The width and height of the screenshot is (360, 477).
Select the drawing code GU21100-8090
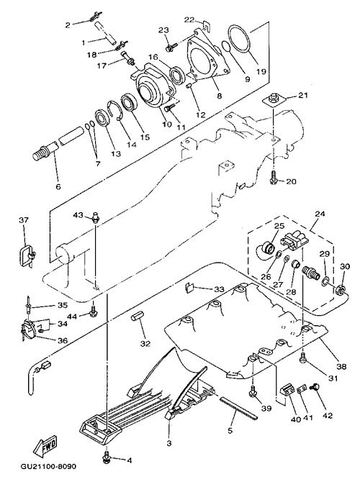pos(48,466)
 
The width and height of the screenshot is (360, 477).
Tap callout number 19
pos(261,71)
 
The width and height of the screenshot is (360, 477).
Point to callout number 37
pos(23,219)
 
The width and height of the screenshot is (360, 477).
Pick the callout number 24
pos(320,214)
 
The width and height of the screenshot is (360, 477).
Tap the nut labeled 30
pos(341,289)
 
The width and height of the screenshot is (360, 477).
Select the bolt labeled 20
pos(274,178)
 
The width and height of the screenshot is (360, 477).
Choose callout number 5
pos(230,430)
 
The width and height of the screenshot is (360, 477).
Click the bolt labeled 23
pos(171,47)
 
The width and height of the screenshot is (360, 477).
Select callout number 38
pos(341,366)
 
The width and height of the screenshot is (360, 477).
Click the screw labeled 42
pos(313,387)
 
